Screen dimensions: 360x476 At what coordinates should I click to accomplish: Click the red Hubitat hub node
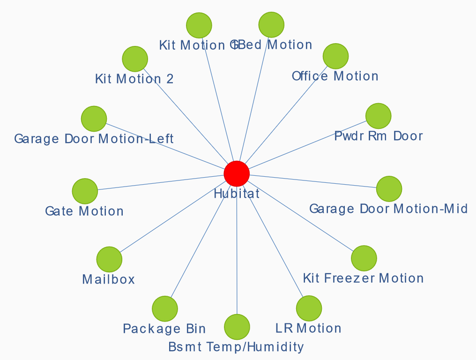(x=237, y=173)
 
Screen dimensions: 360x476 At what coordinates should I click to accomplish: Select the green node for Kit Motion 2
(x=135, y=59)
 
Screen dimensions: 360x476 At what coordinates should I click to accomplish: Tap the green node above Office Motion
(x=335, y=56)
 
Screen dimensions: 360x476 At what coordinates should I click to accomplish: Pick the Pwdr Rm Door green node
(x=378, y=116)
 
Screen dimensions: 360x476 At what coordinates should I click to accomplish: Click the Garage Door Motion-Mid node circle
(x=389, y=189)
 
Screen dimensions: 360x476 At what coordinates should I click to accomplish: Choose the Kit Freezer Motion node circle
(x=364, y=258)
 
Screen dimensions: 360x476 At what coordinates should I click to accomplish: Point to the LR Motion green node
(x=309, y=308)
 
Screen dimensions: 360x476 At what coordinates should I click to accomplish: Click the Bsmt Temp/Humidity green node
(x=237, y=327)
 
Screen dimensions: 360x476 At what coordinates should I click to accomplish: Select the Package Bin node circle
(x=165, y=308)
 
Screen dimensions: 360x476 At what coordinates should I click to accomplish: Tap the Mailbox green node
(x=109, y=259)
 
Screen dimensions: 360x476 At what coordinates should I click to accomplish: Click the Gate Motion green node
(x=85, y=191)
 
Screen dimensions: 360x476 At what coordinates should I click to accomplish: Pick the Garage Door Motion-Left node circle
(x=94, y=119)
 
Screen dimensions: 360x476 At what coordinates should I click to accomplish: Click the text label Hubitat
(x=237, y=193)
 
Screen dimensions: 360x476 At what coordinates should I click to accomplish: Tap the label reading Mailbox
(x=108, y=280)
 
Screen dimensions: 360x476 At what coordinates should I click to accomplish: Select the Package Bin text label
(x=164, y=329)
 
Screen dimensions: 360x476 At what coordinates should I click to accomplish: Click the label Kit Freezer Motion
(x=363, y=278)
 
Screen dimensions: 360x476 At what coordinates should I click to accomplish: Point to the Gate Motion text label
(x=84, y=211)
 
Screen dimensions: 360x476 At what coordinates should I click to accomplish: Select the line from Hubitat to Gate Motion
(x=159, y=182)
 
